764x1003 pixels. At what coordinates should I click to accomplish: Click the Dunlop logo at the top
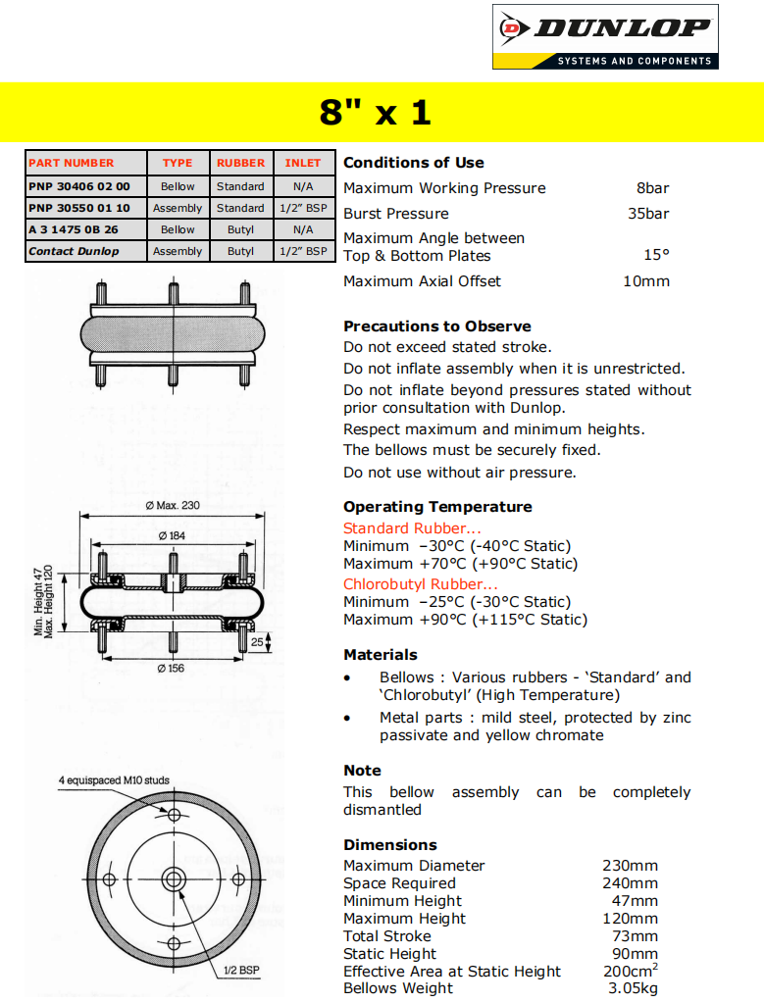pos(605,36)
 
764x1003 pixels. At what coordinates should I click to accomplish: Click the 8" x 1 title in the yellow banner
pos(376,112)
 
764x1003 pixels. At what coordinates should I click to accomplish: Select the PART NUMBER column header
pos(71,163)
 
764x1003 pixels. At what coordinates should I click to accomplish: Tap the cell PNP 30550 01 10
pos(79,208)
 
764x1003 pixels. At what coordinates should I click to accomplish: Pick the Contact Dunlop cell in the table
pos(74,251)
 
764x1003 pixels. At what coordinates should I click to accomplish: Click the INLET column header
pos(303,163)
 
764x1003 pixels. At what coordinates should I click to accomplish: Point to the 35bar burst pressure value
pos(648,214)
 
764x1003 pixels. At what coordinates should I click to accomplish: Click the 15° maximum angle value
pos(656,256)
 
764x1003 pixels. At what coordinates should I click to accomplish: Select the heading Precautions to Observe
pos(437,326)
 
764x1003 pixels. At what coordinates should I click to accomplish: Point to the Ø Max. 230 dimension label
pos(173,506)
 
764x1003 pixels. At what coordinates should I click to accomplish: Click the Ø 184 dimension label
pos(173,535)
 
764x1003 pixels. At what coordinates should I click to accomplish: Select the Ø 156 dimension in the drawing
pos(171,669)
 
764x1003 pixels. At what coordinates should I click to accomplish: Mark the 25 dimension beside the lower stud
pos(257,641)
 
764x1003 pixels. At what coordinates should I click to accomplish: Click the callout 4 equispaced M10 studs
pos(114,781)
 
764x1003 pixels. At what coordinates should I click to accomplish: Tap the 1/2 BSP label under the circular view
pos(240,970)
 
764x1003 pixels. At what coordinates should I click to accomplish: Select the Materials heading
pos(381,655)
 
